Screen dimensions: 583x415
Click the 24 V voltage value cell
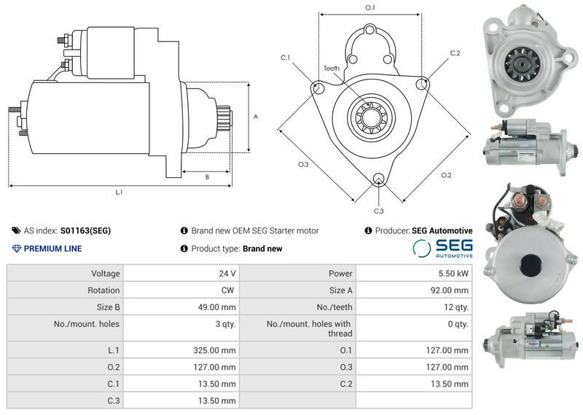tap(227, 274)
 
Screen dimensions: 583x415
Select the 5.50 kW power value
tap(453, 274)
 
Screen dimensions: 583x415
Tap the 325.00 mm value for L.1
tap(214, 350)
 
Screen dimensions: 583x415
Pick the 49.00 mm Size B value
tap(216, 307)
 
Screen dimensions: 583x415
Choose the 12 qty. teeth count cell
tap(456, 307)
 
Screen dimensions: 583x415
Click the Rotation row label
tap(103, 290)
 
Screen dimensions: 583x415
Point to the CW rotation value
tap(227, 290)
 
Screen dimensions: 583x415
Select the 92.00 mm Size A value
tap(450, 290)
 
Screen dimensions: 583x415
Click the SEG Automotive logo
tap(442, 248)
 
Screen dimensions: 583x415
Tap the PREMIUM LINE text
tap(52, 249)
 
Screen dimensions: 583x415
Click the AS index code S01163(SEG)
tap(85, 230)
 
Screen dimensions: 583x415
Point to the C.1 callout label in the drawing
tap(285, 58)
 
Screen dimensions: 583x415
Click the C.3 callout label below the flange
tap(378, 211)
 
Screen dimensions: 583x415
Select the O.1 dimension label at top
tap(370, 7)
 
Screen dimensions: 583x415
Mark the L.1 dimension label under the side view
tap(119, 192)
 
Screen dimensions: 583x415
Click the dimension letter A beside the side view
tap(256, 117)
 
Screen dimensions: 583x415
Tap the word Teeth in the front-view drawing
tap(332, 68)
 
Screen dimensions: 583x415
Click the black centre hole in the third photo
tap(531, 265)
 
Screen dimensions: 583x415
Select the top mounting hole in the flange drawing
tap(370, 30)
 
